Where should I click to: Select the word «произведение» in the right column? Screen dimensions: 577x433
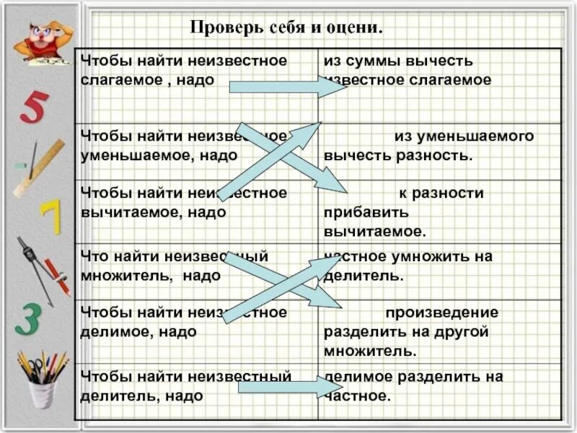(x=441, y=312)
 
